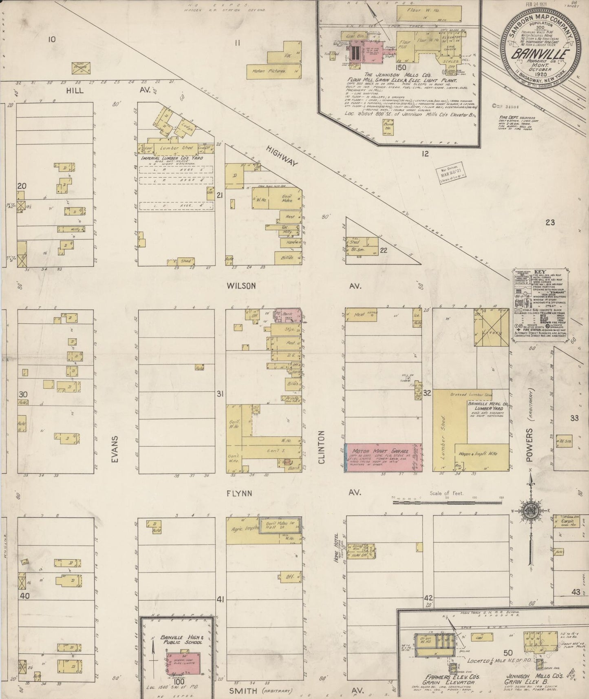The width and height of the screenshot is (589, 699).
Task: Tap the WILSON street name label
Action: tap(242, 286)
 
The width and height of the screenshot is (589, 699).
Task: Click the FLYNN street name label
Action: tap(240, 493)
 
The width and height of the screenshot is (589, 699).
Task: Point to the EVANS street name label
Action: tap(115, 449)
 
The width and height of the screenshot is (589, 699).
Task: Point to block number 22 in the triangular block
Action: tap(383, 250)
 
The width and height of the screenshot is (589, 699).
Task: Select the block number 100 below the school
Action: tap(179, 681)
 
